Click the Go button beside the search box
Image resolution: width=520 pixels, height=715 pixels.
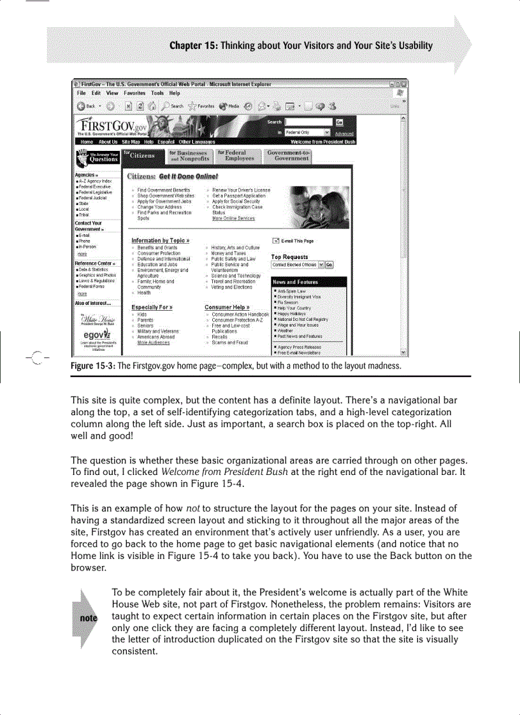(339, 122)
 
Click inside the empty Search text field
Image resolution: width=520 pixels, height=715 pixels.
(308, 122)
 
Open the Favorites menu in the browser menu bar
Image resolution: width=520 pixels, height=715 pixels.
(135, 93)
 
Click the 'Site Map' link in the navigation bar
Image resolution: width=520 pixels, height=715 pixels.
(131, 142)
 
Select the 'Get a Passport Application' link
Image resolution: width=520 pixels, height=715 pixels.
(239, 195)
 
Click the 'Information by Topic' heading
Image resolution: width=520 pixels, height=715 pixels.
(160, 240)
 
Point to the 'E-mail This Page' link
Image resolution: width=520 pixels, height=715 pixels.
(296, 241)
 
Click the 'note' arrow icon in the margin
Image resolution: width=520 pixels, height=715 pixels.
(82, 618)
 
